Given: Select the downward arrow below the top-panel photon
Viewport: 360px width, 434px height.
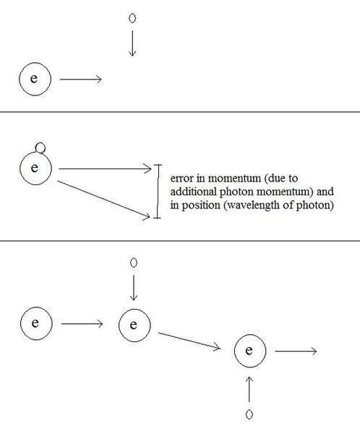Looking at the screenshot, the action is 132,43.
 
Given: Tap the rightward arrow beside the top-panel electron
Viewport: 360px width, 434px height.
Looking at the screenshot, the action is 81,80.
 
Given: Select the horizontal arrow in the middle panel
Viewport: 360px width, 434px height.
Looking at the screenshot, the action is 105,169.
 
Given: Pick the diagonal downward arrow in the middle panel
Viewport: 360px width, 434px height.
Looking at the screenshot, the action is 104,199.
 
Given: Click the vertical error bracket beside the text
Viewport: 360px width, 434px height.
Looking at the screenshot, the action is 158,191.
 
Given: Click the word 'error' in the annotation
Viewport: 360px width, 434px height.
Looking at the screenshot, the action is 181,178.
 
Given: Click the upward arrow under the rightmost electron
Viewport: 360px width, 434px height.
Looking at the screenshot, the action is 249,389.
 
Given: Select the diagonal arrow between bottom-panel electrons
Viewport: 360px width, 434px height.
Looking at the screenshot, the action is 189,341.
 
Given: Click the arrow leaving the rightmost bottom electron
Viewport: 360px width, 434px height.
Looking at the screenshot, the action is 296,352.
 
